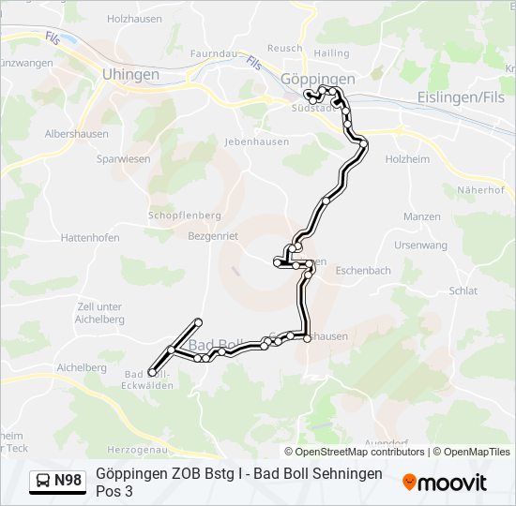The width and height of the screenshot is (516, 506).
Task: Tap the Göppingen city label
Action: click(x=318, y=80)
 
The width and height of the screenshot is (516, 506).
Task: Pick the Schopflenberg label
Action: click(x=185, y=216)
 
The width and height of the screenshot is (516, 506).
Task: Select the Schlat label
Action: click(x=463, y=290)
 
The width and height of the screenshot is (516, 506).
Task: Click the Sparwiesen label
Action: click(x=123, y=159)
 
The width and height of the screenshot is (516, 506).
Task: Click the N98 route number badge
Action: click(x=68, y=481)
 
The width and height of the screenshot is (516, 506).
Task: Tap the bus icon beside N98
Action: click(x=43, y=482)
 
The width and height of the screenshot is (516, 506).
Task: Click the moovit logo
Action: click(x=445, y=483)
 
